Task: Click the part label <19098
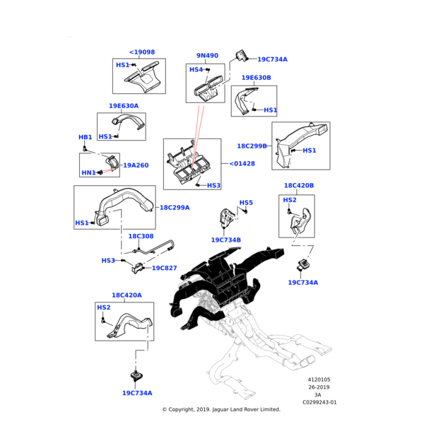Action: coord(142,52)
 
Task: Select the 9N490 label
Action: coord(207,56)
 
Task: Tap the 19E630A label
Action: coord(124,106)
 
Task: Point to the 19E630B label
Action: coord(256,78)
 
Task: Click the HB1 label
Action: coord(85,137)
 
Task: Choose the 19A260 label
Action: coord(136,165)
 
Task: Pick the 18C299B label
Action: coord(252,146)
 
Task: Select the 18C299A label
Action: coord(175,208)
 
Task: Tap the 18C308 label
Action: coord(141,236)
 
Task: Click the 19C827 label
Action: coord(165,269)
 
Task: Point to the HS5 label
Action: coord(246,203)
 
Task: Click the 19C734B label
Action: coord(226,240)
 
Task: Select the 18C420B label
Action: coord(299,186)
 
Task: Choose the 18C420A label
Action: coord(126,295)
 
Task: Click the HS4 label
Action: coord(196,70)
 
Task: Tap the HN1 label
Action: coord(88,173)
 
